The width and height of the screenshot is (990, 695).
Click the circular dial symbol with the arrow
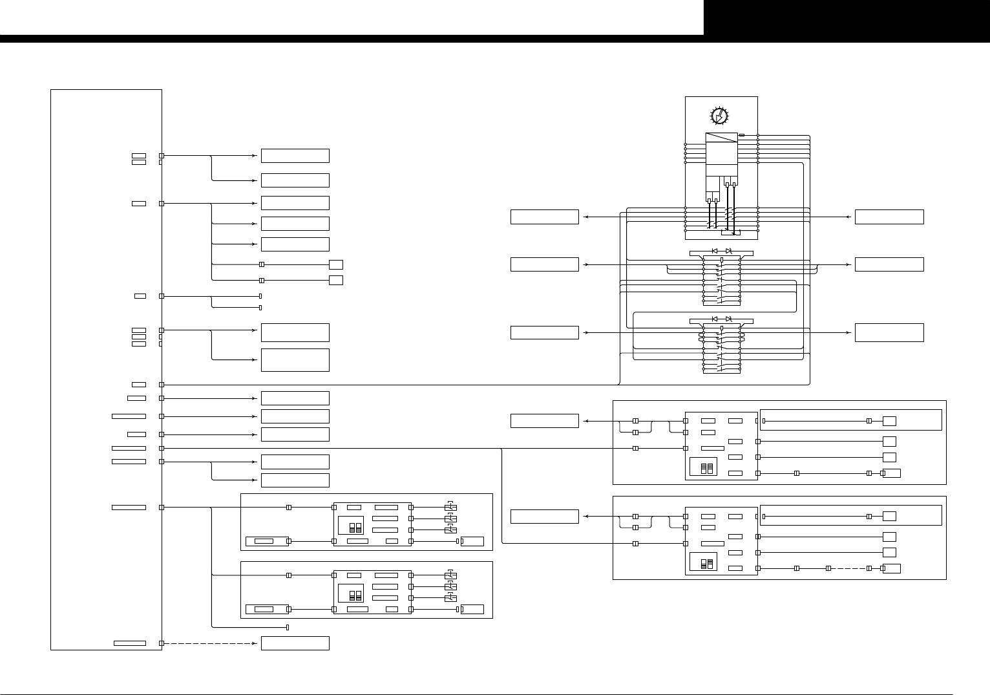point(719,116)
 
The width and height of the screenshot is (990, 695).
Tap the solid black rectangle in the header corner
point(847,17)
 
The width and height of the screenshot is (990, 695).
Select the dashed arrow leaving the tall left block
point(210,643)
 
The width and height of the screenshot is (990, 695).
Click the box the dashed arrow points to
point(295,643)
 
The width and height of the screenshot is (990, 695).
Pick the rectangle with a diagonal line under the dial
point(721,138)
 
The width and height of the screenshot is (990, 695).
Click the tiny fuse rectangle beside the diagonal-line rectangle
point(742,135)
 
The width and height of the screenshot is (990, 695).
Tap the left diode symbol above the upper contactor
point(715,250)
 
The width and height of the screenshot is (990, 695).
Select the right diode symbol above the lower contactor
point(728,319)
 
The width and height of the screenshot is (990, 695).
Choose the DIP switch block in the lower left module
point(355,595)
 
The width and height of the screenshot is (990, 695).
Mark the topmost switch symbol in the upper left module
point(451,508)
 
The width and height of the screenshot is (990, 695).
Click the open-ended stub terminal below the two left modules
point(287,627)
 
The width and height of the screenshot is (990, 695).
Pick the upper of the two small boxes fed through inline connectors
point(335,264)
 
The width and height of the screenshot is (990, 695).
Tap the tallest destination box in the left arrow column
point(295,360)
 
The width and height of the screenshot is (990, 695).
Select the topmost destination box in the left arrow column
point(295,156)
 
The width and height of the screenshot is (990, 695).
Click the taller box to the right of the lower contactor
point(889,332)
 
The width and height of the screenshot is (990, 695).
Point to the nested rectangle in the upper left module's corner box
point(264,541)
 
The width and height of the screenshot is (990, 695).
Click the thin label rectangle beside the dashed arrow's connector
point(129,643)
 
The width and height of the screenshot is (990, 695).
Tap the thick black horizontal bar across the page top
point(352,39)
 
